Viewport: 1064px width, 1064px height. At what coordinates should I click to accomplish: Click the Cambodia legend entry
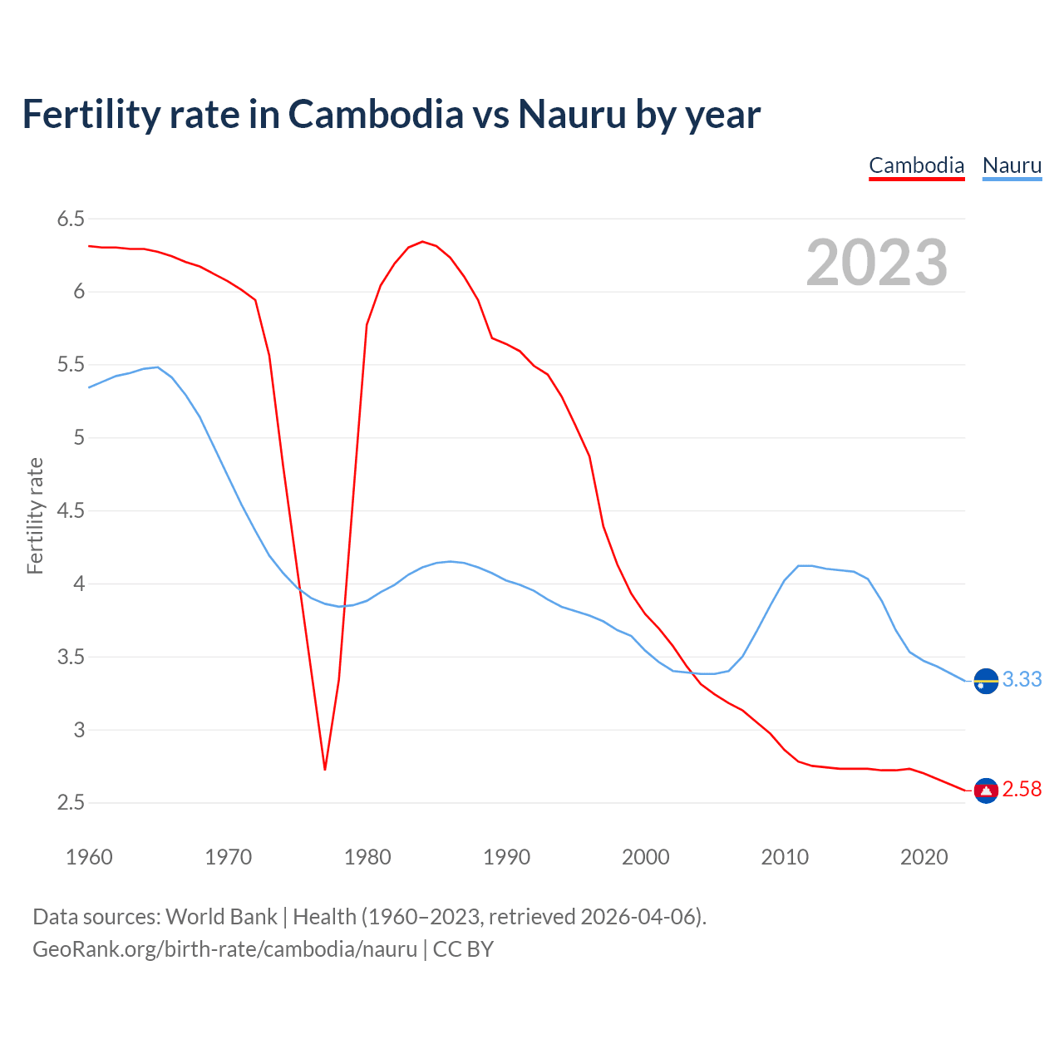tap(916, 165)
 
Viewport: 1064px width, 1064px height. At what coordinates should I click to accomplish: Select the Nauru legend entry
tap(1012, 165)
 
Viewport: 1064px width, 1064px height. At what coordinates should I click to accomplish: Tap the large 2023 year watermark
tap(877, 263)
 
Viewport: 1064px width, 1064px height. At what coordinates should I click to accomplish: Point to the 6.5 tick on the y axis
tap(71, 219)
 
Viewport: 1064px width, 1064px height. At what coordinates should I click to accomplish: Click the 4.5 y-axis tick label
tap(71, 511)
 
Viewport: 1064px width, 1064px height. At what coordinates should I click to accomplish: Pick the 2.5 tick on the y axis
tap(71, 803)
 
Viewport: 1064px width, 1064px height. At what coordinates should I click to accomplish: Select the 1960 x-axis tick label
tap(89, 857)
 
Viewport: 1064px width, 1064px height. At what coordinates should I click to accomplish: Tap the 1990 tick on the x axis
tap(506, 857)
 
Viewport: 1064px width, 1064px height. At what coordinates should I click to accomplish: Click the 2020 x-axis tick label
tap(924, 857)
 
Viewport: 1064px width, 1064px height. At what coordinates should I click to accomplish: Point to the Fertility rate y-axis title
tap(35, 515)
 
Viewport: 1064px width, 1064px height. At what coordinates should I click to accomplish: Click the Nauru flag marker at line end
tap(986, 681)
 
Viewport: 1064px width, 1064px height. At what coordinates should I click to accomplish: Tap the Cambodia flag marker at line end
tap(986, 791)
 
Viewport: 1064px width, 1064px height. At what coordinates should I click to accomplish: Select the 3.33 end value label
tap(1022, 680)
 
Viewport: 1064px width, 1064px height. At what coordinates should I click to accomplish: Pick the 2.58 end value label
tap(1022, 790)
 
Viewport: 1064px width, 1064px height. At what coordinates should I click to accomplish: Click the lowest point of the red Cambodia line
tap(325, 769)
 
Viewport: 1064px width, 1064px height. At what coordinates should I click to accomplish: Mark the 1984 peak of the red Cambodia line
tap(422, 242)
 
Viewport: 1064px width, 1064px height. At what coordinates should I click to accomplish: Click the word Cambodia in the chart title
tap(376, 115)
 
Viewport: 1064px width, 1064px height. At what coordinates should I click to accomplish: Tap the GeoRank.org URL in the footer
tap(224, 949)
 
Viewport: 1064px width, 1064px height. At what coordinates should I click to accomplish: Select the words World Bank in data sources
tap(221, 917)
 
